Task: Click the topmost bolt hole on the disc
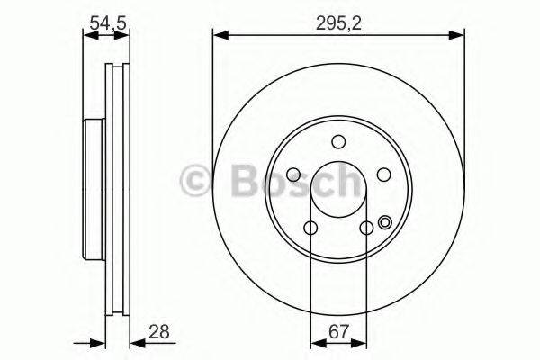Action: pyautogui.click(x=338, y=141)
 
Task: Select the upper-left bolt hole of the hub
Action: pyautogui.click(x=294, y=175)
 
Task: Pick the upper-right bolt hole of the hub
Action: pyautogui.click(x=382, y=175)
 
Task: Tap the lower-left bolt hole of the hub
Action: pyautogui.click(x=310, y=228)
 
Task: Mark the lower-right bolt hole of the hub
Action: pyautogui.click(x=365, y=228)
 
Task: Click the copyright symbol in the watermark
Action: pyautogui.click(x=197, y=182)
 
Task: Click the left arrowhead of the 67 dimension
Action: pyautogui.click(x=314, y=342)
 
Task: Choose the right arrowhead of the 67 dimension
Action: pyautogui.click(x=363, y=342)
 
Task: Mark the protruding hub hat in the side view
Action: pyautogui.click(x=93, y=189)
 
